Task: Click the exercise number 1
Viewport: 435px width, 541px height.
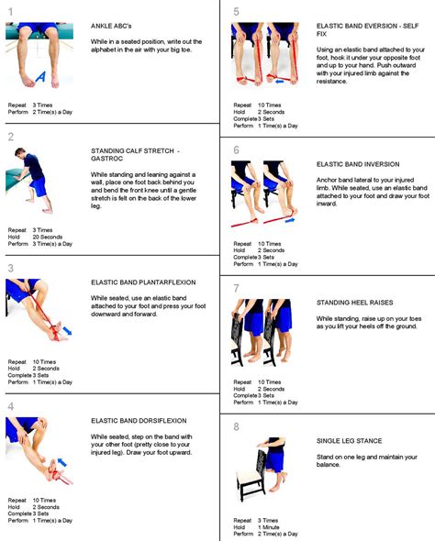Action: [10, 10]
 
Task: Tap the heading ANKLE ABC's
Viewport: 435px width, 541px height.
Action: [112, 26]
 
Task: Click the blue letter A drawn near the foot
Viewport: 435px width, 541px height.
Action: [38, 80]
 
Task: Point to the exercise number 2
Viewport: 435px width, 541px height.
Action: [10, 137]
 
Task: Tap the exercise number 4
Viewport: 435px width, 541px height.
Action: [10, 406]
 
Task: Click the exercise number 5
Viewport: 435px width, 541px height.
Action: [236, 12]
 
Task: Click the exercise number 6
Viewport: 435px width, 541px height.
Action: [236, 149]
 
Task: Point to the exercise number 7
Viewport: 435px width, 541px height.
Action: [236, 287]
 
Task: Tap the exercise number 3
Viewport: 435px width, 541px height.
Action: [10, 269]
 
